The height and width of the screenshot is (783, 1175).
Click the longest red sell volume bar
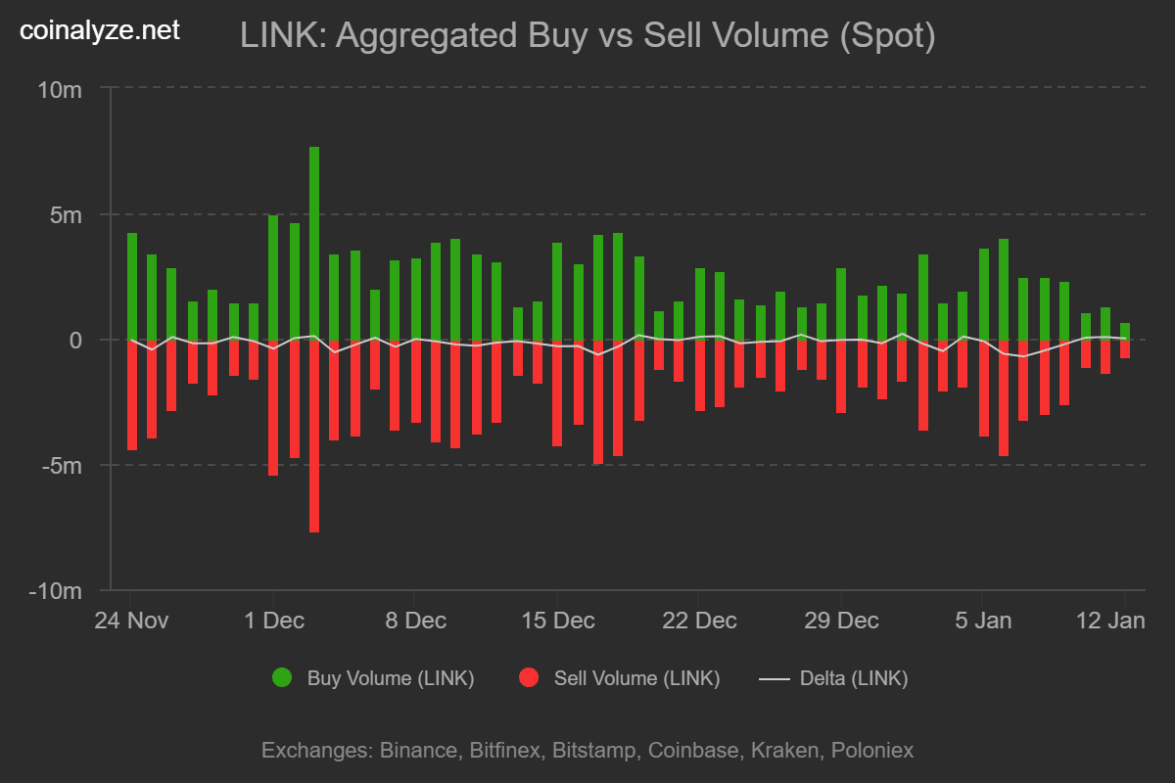(x=314, y=436)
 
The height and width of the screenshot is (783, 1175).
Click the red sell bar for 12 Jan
(x=1125, y=348)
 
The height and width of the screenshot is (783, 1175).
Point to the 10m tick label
(x=59, y=89)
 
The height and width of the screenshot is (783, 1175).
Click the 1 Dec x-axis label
(x=274, y=621)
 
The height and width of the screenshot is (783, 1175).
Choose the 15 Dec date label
(x=558, y=621)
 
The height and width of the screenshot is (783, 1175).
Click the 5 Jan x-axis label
(x=984, y=621)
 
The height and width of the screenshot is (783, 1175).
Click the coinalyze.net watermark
(x=100, y=30)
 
